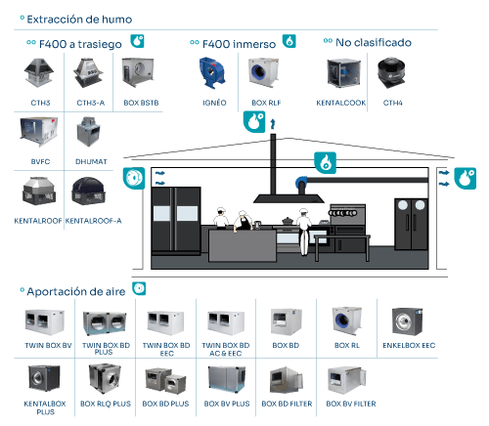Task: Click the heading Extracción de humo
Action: tap(79, 20)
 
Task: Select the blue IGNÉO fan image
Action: tap(212, 73)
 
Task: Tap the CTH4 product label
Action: tap(392, 103)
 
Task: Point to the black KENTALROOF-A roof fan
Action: tap(88, 192)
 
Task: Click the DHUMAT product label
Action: tap(91, 161)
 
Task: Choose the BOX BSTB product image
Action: tap(138, 72)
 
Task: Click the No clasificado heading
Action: tap(374, 42)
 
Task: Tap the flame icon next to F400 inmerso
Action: tap(289, 41)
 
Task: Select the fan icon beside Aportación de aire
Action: tap(139, 288)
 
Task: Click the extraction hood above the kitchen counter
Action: tap(289, 198)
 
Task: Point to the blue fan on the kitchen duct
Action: tap(301, 184)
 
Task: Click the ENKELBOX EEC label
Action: tap(409, 345)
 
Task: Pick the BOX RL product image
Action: tap(347, 320)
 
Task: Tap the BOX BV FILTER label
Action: tap(351, 404)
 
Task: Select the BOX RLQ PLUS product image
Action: tap(105, 379)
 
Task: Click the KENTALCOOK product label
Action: tap(341, 103)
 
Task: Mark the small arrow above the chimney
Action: tap(273, 124)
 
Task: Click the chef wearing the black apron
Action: tap(243, 221)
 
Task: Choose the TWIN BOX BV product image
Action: tap(44, 321)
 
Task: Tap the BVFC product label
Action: tap(40, 161)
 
